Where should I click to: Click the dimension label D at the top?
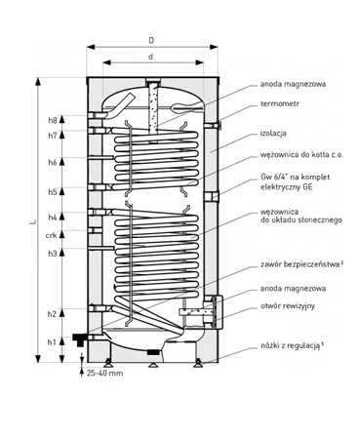(150, 40)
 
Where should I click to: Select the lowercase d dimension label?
(150, 59)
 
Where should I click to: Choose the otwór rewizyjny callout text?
(292, 306)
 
